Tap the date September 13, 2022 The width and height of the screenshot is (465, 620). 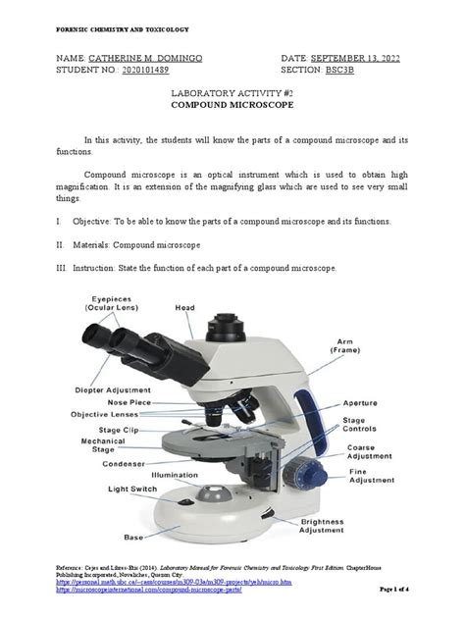click(358, 59)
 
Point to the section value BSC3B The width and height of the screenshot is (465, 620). click(354, 71)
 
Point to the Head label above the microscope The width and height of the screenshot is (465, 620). click(185, 307)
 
